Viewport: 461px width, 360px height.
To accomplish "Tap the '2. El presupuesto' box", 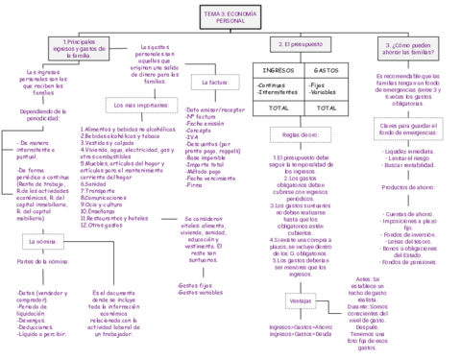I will (300, 45).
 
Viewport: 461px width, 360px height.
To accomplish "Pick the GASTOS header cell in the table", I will (326, 70).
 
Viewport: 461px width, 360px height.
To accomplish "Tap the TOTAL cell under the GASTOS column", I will (326, 108).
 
